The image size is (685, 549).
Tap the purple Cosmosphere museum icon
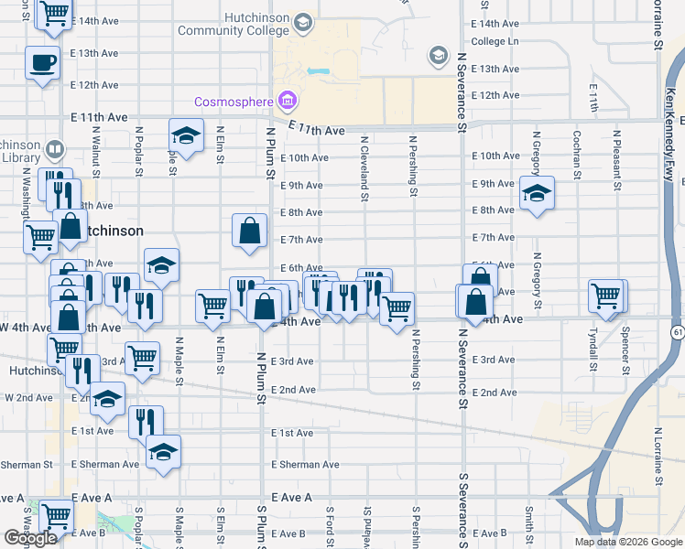(x=287, y=99)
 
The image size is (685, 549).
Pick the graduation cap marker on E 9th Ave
(x=537, y=194)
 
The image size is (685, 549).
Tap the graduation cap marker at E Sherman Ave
(x=164, y=453)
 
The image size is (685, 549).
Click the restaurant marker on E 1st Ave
(x=146, y=423)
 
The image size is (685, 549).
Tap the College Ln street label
(x=495, y=41)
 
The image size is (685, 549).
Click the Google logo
(x=30, y=539)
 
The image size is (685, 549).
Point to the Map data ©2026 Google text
(x=628, y=542)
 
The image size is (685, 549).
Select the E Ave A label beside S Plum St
(x=291, y=497)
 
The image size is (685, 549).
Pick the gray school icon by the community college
(x=438, y=56)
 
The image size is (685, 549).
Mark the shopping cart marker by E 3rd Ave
(x=142, y=359)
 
